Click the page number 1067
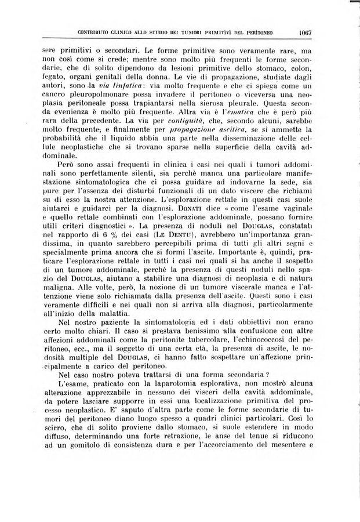pos(302,32)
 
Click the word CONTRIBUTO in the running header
pos(94,32)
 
